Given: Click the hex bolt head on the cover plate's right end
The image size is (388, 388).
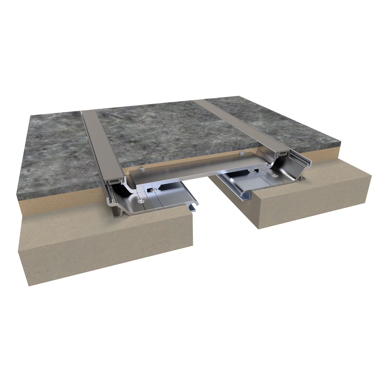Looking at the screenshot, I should point(242,153).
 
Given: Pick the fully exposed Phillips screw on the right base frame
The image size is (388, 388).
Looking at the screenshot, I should point(274,176).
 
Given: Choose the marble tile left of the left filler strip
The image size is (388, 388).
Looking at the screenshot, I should point(52,155).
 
